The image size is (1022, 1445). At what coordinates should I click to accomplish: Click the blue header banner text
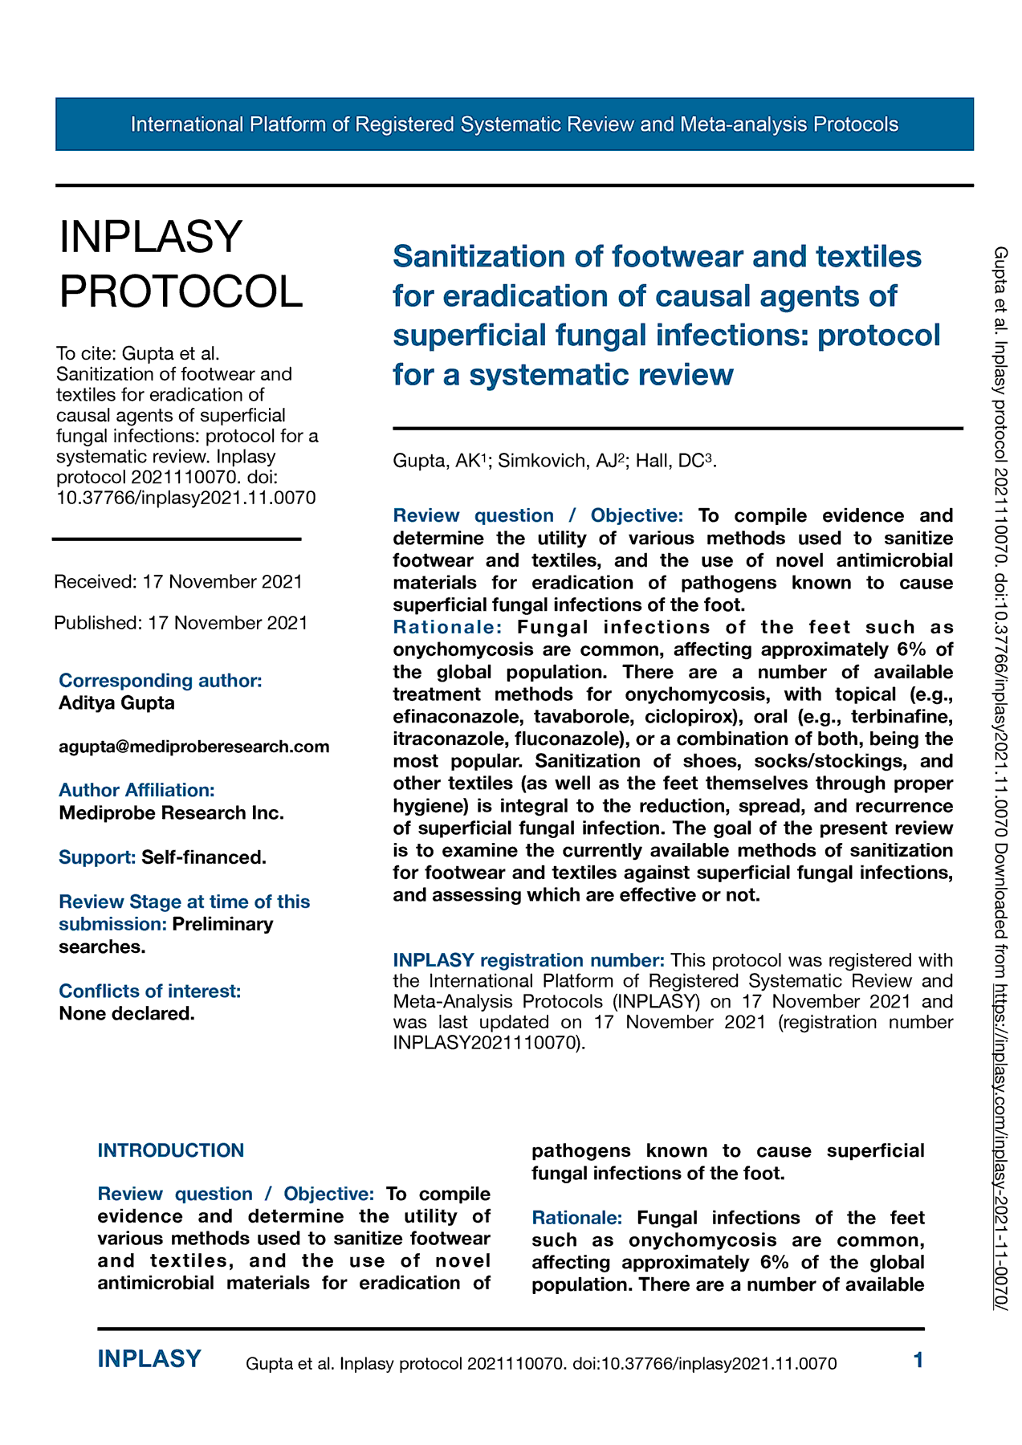click(514, 124)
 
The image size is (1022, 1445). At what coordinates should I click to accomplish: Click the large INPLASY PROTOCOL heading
click(181, 264)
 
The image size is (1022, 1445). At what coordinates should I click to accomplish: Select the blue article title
click(666, 315)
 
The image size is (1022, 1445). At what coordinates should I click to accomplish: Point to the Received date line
click(178, 581)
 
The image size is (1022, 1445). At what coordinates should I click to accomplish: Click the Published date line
click(181, 623)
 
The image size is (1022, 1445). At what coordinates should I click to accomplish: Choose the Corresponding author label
click(161, 681)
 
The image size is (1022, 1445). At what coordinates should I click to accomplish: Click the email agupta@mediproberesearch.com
click(194, 747)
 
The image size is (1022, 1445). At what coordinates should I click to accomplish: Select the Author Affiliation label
click(136, 791)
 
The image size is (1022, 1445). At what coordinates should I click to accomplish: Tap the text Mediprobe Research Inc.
click(171, 813)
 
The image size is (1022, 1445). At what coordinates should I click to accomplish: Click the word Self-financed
click(204, 857)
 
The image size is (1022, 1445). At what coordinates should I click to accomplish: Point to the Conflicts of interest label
click(149, 991)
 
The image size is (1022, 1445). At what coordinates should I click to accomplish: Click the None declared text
click(127, 1014)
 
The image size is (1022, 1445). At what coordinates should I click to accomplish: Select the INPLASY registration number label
click(528, 960)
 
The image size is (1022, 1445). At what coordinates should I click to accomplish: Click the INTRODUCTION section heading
click(170, 1150)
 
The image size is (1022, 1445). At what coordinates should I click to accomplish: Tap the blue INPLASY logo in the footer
click(149, 1359)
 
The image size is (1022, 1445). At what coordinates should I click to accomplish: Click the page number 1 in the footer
click(918, 1360)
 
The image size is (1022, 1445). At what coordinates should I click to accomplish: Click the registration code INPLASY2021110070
click(485, 1044)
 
